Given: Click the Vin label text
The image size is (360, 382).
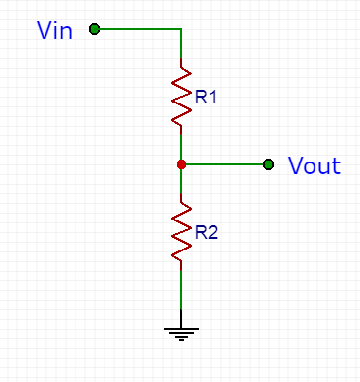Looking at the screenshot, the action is click(x=54, y=30).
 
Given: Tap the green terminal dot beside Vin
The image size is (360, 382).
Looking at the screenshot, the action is click(x=94, y=29).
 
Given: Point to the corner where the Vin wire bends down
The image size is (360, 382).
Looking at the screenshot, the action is click(x=181, y=29).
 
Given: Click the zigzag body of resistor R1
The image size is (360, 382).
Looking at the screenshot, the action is click(x=181, y=97).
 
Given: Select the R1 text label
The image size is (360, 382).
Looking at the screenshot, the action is click(x=205, y=97).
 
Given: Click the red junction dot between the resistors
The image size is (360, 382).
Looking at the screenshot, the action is click(x=181, y=164).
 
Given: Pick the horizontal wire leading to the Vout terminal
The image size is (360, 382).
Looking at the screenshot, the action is click(x=225, y=164).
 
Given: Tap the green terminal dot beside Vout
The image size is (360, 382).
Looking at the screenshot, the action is click(x=268, y=164).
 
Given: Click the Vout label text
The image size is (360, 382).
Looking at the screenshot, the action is click(x=315, y=165).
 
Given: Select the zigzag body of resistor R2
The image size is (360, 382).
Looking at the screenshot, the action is click(x=181, y=232).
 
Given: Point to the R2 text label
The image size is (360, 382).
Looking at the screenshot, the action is click(x=206, y=232).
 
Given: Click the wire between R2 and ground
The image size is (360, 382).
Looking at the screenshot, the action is click(x=181, y=290).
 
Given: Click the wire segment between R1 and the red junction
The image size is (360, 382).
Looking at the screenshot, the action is click(x=181, y=147).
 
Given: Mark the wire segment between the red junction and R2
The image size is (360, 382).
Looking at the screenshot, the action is click(x=181, y=182).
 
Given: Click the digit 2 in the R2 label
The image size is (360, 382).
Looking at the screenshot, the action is click(x=213, y=232).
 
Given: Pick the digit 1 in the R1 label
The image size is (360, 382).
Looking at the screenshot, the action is click(x=212, y=97).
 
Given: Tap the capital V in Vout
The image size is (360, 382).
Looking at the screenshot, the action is click(x=296, y=165).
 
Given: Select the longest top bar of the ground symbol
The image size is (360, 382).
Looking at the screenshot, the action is click(x=181, y=329).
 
